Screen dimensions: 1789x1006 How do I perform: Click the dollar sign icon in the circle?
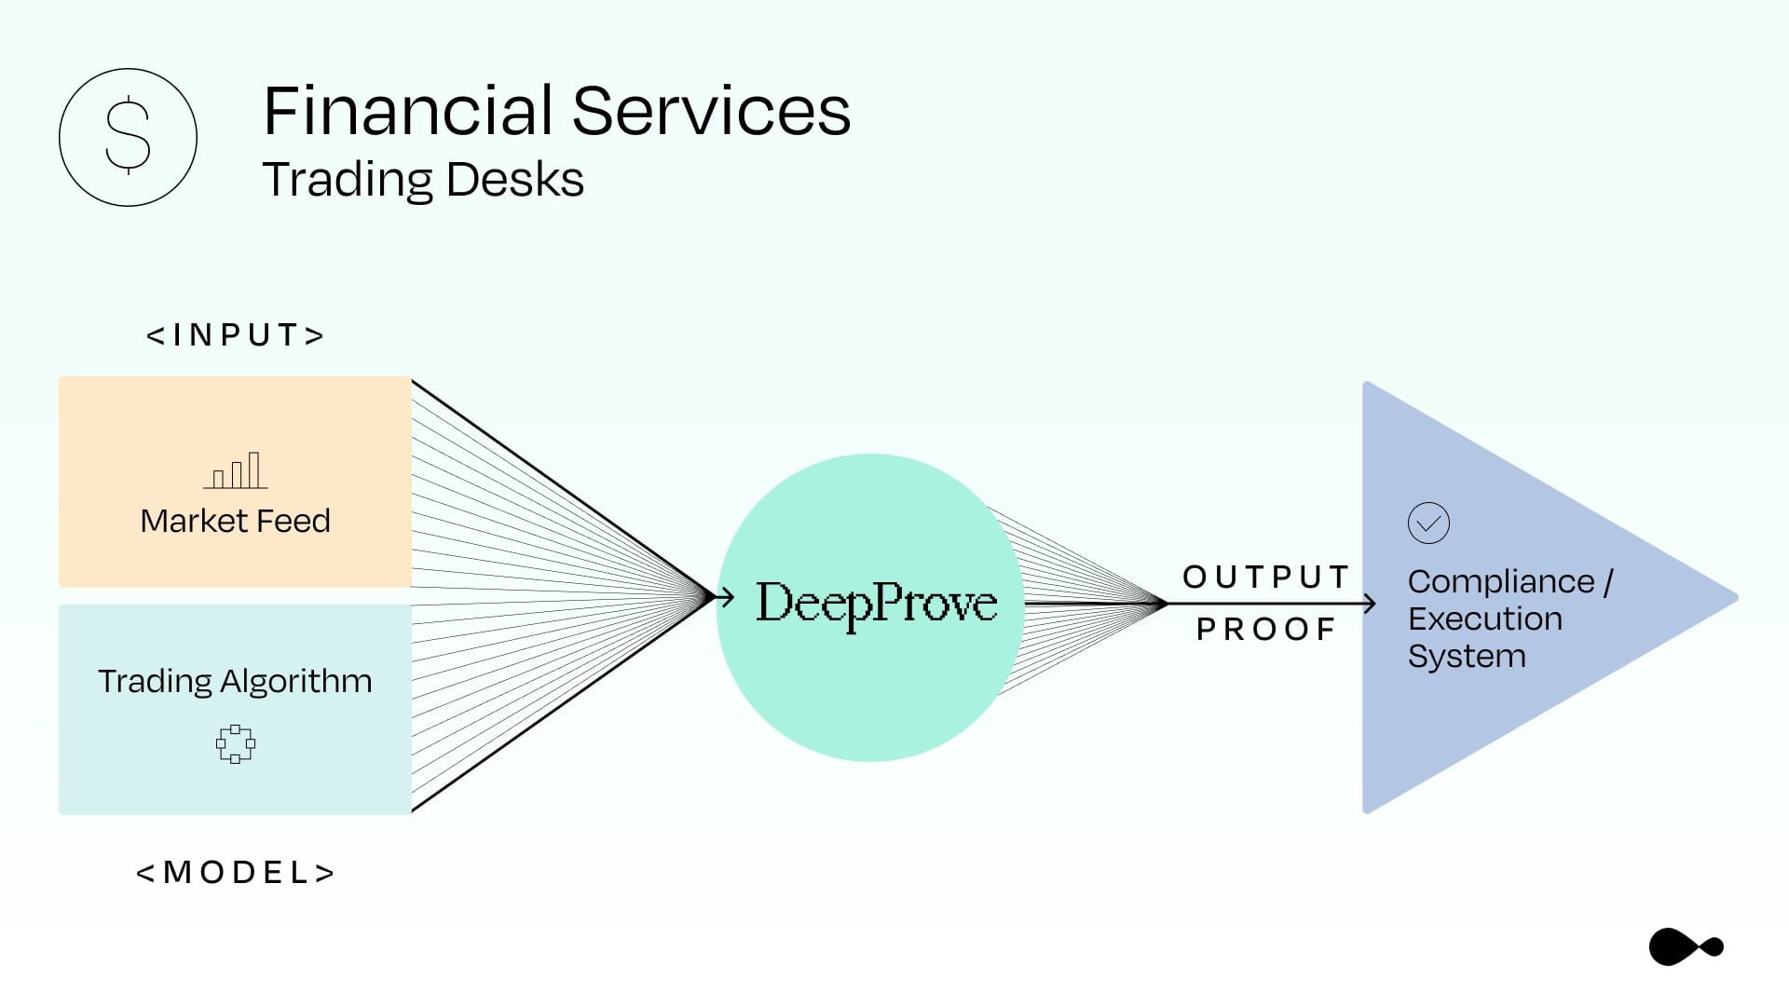pyautogui.click(x=128, y=137)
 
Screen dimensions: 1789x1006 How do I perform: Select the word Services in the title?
pyautogui.click(x=711, y=110)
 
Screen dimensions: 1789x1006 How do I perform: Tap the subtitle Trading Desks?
pyautogui.click(x=423, y=179)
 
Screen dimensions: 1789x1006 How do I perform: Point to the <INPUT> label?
pyautogui.click(x=236, y=334)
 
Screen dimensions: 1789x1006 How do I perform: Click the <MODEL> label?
pyautogui.click(x=236, y=872)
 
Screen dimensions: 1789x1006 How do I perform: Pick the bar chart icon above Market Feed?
pyautogui.click(x=236, y=470)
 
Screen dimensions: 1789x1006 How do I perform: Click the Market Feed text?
pyautogui.click(x=235, y=520)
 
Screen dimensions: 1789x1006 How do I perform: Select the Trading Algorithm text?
pyautogui.click(x=235, y=681)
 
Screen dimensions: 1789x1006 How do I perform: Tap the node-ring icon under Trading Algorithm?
pyautogui.click(x=236, y=744)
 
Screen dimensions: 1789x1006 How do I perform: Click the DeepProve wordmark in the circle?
pyautogui.click(x=876, y=604)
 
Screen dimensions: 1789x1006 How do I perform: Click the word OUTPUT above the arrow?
pyautogui.click(x=1266, y=577)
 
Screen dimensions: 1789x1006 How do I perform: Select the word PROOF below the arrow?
pyautogui.click(x=1266, y=629)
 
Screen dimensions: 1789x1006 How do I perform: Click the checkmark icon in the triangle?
pyautogui.click(x=1428, y=523)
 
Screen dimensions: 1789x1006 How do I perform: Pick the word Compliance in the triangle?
pyautogui.click(x=1501, y=581)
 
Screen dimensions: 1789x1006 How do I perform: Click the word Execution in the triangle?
pyautogui.click(x=1485, y=619)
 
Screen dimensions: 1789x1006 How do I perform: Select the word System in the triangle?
pyautogui.click(x=1467, y=656)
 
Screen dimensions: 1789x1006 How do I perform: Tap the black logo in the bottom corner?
pyautogui.click(x=1686, y=947)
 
